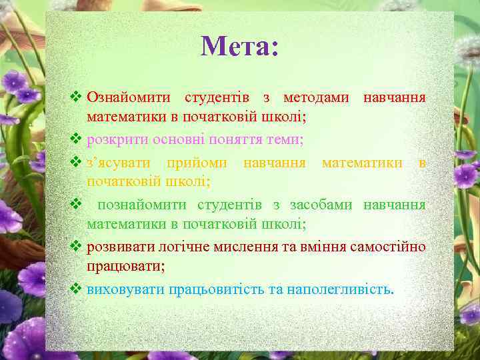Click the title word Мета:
pyautogui.click(x=239, y=47)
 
